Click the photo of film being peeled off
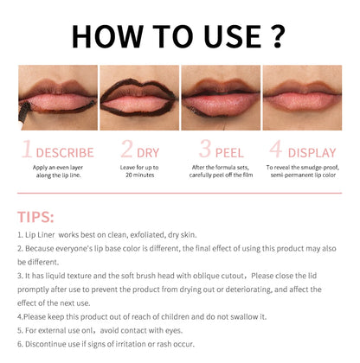tap(221, 97)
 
